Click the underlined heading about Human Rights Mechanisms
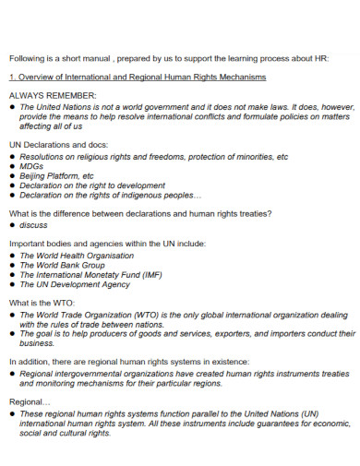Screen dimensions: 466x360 click(x=137, y=77)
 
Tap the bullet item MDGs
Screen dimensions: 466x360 click(x=31, y=166)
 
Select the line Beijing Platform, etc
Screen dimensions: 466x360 click(x=56, y=175)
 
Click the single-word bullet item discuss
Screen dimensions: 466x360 click(x=33, y=224)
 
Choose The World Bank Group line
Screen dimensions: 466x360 click(x=62, y=265)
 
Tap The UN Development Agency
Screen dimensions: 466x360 click(x=75, y=285)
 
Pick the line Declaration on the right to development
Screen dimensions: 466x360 click(x=92, y=185)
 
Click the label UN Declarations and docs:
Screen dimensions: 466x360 click(x=58, y=146)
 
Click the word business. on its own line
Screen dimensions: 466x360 click(x=38, y=344)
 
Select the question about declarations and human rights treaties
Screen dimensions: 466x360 click(x=139, y=213)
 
